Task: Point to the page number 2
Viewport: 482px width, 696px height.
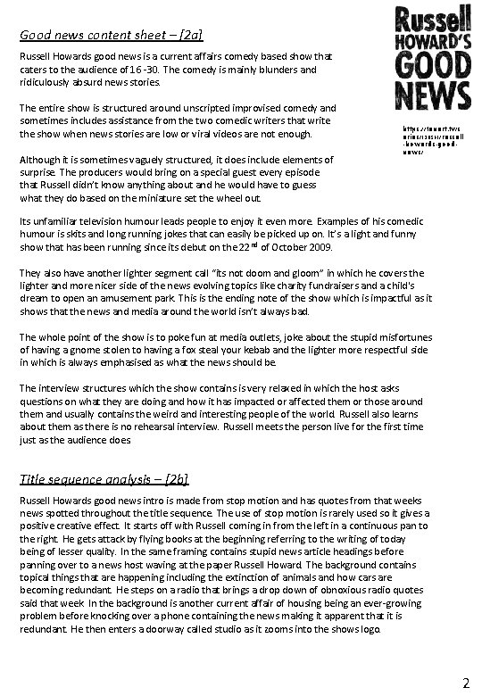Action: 465,683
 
